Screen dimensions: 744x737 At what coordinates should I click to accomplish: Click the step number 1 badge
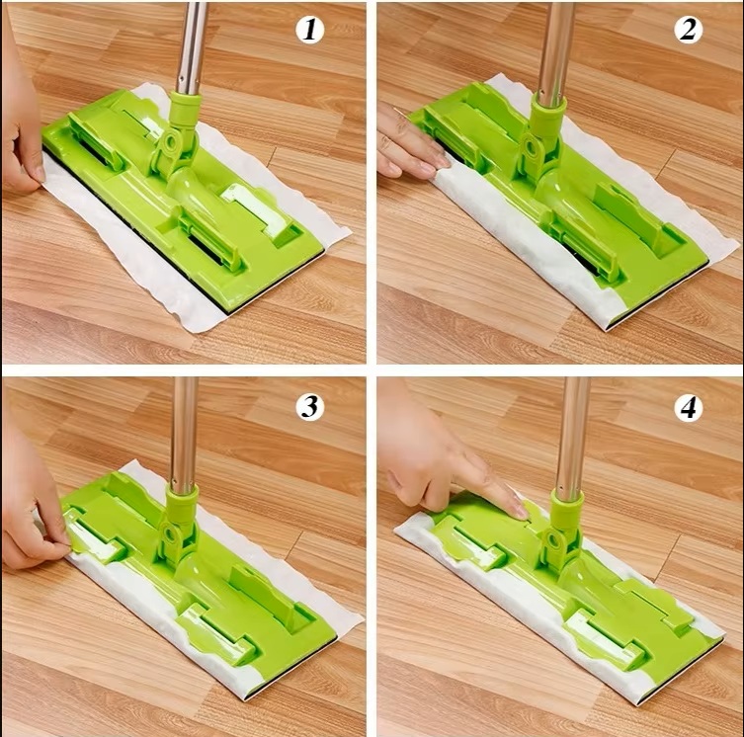309,30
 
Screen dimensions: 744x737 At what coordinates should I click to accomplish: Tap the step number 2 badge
688,30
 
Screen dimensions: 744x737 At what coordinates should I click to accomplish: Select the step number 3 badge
309,406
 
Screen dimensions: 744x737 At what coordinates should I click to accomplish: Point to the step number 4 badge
688,406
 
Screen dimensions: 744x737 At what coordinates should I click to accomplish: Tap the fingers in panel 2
408,147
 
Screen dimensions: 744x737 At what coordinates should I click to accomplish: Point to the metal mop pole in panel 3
184,435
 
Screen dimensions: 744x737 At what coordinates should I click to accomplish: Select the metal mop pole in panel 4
572,439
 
